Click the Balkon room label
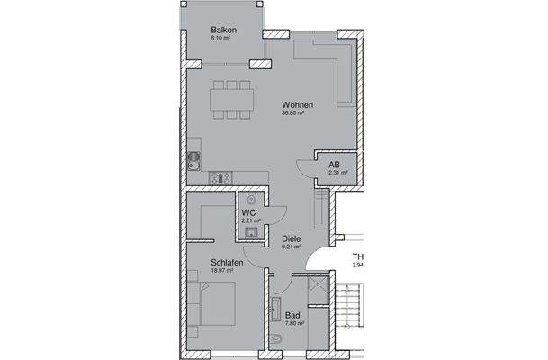(223, 30)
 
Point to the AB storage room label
(334, 165)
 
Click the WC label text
(249, 212)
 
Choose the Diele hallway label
(291, 239)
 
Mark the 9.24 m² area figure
(291, 247)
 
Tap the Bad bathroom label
(292, 315)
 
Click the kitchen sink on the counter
(193, 163)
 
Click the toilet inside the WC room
(253, 200)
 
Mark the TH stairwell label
(356, 256)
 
